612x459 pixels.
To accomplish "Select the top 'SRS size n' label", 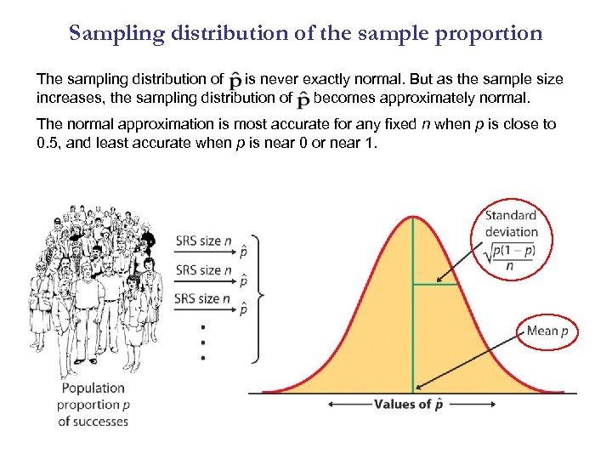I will pyautogui.click(x=203, y=241).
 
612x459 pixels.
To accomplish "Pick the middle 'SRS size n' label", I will pyautogui.click(x=203, y=270).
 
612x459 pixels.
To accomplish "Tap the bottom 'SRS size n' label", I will pyautogui.click(x=203, y=298).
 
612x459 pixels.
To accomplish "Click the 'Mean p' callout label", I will pyautogui.click(x=547, y=331).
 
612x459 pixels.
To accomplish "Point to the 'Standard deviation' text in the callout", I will pyautogui.click(x=511, y=224).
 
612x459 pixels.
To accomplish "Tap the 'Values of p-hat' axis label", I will pyautogui.click(x=408, y=405).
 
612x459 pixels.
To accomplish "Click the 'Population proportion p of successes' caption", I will pyautogui.click(x=93, y=405).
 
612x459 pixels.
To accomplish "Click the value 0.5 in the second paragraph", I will pyautogui.click(x=48, y=142).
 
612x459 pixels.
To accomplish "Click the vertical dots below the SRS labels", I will pyautogui.click(x=202, y=343).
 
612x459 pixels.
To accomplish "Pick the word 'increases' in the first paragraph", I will pyautogui.click(x=69, y=96).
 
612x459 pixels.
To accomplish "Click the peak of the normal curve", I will pyautogui.click(x=414, y=217).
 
